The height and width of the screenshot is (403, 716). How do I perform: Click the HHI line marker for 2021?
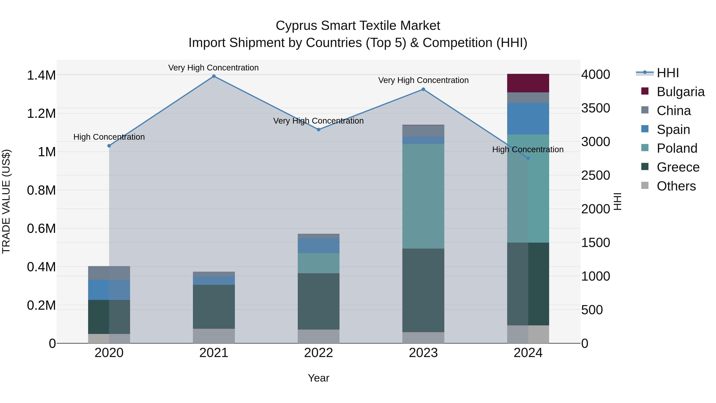[x=214, y=76]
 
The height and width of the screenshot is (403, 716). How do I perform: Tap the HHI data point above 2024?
[x=528, y=158]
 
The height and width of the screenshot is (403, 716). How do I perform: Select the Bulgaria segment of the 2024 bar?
[x=528, y=83]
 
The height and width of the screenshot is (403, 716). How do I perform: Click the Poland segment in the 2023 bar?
[x=423, y=196]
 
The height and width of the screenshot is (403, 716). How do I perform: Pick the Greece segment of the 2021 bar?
[x=214, y=307]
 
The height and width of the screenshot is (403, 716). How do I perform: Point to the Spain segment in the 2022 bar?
[x=319, y=245]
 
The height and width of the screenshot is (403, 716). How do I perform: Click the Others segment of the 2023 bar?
[x=423, y=338]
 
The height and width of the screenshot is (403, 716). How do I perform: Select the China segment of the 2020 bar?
[x=109, y=273]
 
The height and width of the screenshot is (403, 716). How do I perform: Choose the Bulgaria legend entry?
[x=680, y=92]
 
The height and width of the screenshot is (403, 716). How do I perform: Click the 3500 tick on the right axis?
[x=596, y=108]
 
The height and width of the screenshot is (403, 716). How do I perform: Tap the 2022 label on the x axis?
[x=319, y=353]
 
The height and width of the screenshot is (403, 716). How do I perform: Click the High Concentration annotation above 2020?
[x=109, y=137]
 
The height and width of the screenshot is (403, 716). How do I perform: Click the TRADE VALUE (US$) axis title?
[x=6, y=201]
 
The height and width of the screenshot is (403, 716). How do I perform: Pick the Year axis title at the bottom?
[x=319, y=378]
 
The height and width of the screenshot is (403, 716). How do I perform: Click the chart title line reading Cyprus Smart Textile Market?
[x=358, y=26]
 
